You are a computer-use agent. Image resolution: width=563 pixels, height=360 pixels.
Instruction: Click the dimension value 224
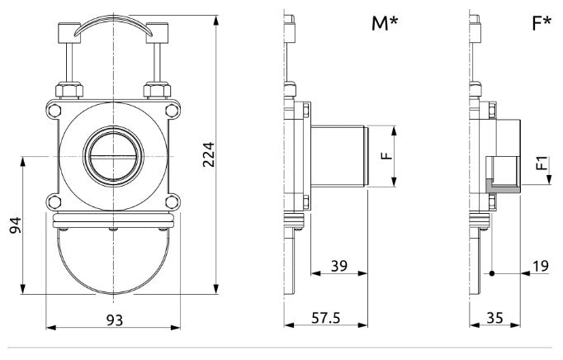(209, 154)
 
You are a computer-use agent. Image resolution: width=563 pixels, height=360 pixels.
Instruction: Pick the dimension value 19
(541, 265)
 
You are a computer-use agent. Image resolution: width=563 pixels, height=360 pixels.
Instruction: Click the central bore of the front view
(112, 155)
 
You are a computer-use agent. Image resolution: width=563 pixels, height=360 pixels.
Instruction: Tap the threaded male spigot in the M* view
(338, 155)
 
